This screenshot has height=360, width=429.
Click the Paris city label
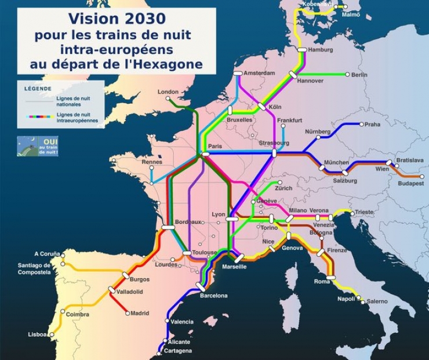click(215, 147)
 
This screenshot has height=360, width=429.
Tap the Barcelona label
click(213, 296)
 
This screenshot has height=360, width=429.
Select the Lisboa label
click(37, 335)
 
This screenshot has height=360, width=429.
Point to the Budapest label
click(410, 184)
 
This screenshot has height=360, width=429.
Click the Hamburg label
click(321, 50)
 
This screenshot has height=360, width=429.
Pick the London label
click(168, 92)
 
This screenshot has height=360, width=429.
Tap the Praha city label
click(372, 125)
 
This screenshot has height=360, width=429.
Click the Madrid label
click(140, 314)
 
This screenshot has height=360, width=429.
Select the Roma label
click(322, 282)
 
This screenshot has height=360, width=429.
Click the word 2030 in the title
click(140, 19)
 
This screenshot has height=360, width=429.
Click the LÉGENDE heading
click(38, 89)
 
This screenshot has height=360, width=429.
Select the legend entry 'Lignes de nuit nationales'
click(73, 101)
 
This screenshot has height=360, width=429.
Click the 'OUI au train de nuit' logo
click(37, 146)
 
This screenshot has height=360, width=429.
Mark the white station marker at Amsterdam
click(238, 73)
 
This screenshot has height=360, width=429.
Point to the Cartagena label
click(177, 351)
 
